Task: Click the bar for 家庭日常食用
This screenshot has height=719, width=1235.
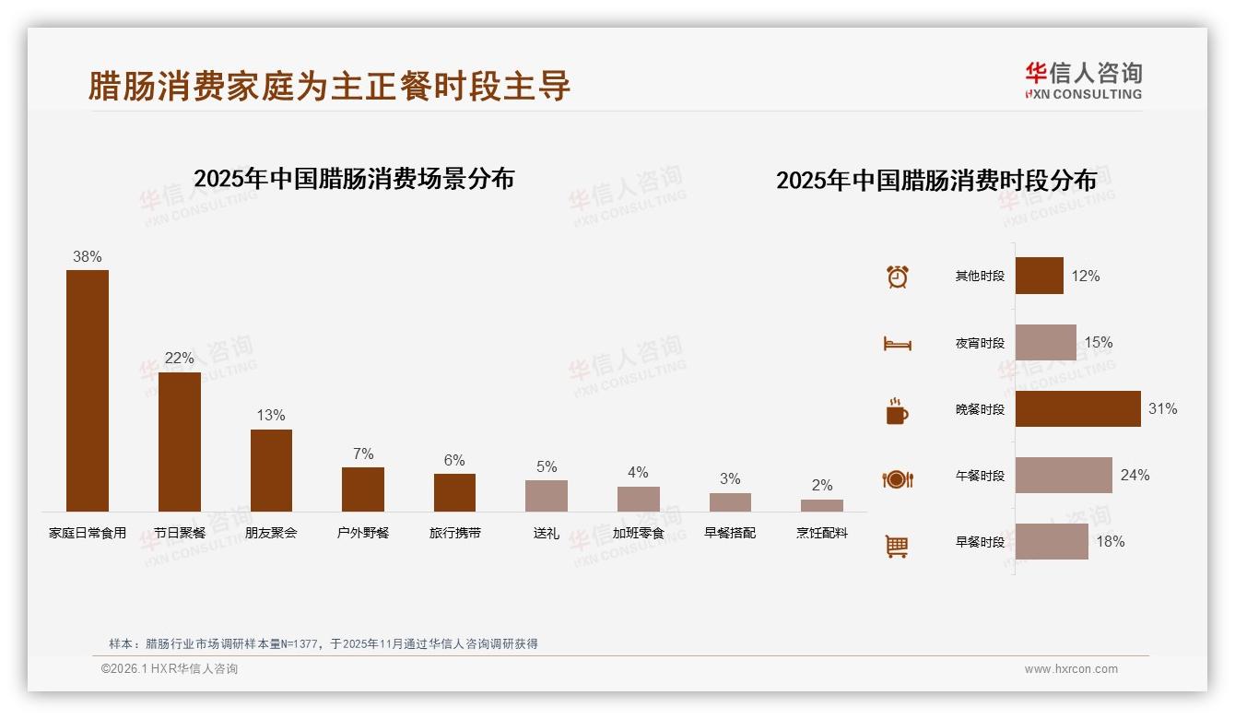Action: (88, 391)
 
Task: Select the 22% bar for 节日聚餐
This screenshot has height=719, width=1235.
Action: (179, 442)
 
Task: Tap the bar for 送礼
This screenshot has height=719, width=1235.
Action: (547, 496)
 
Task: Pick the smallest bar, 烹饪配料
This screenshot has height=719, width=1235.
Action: (822, 505)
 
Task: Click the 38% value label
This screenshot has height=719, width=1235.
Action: (88, 257)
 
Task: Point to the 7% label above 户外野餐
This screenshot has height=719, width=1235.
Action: (363, 454)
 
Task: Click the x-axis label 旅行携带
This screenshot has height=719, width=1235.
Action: (455, 533)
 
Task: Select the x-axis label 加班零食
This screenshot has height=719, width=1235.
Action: (638, 533)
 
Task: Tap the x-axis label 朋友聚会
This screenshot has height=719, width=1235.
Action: (271, 533)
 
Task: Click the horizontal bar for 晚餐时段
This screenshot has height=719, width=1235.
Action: (1077, 408)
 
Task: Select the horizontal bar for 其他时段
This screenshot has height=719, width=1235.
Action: (1039, 276)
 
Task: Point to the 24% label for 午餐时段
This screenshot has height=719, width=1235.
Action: (1135, 475)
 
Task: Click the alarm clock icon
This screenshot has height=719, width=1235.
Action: (898, 277)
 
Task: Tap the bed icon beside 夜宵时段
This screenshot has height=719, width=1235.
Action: (898, 344)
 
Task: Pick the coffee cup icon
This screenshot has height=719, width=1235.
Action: (898, 411)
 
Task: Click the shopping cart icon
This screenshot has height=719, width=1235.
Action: (898, 546)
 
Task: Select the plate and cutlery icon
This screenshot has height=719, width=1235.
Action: (898, 478)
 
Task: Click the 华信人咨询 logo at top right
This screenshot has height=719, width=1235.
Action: (1083, 80)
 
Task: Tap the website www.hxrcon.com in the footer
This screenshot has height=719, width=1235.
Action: (1071, 669)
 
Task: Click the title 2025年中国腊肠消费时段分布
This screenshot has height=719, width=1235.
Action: (936, 180)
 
